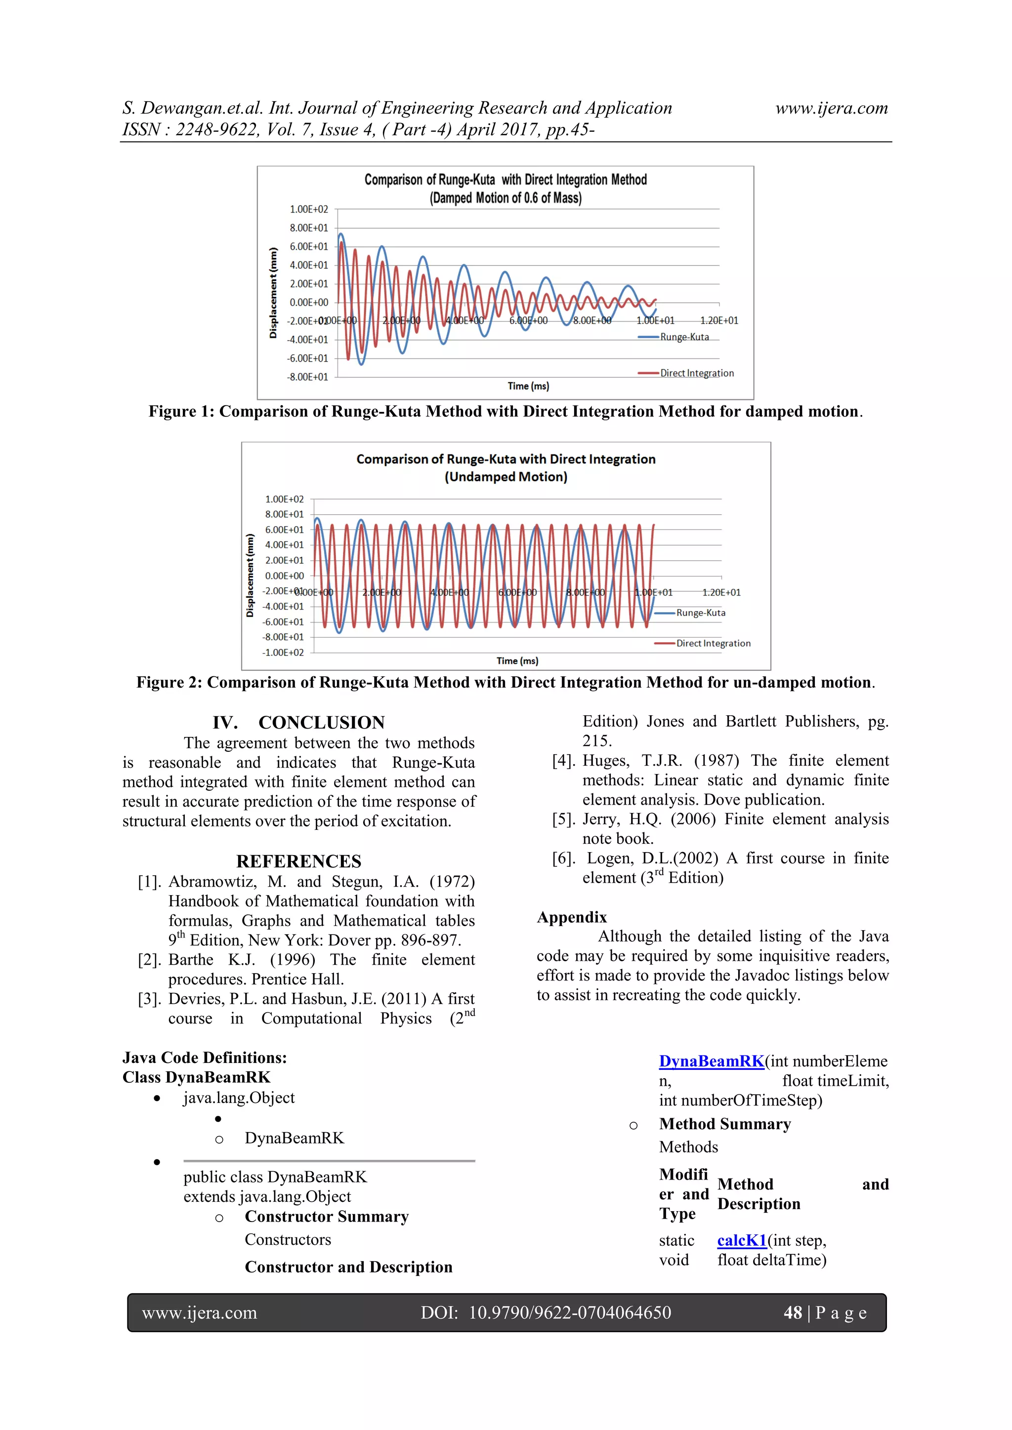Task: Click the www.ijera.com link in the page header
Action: (x=831, y=108)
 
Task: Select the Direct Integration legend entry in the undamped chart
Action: (x=713, y=643)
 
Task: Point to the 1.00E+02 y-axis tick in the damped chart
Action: (x=308, y=209)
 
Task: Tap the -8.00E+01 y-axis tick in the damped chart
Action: (x=307, y=377)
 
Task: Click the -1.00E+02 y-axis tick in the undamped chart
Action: (x=283, y=652)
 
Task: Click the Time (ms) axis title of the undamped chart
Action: (x=517, y=661)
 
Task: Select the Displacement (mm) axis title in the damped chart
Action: (x=273, y=293)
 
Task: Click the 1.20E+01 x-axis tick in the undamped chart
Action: (x=721, y=592)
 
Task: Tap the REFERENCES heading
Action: (x=298, y=861)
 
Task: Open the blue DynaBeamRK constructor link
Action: (x=711, y=1062)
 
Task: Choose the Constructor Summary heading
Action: (x=327, y=1217)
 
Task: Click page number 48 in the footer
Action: (x=793, y=1313)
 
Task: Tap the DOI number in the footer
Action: (x=570, y=1313)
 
